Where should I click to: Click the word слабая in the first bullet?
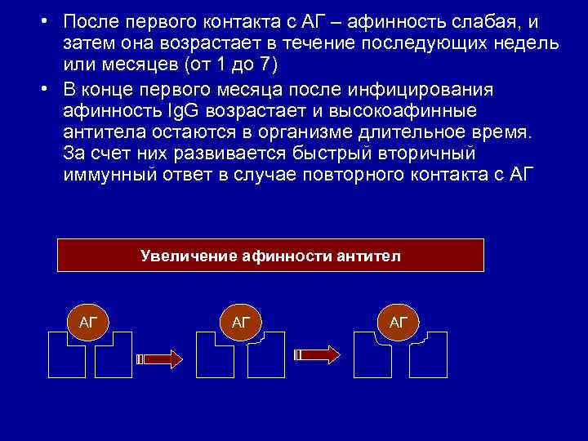[487, 20]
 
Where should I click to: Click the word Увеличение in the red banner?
[189, 256]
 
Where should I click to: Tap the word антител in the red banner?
[368, 256]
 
